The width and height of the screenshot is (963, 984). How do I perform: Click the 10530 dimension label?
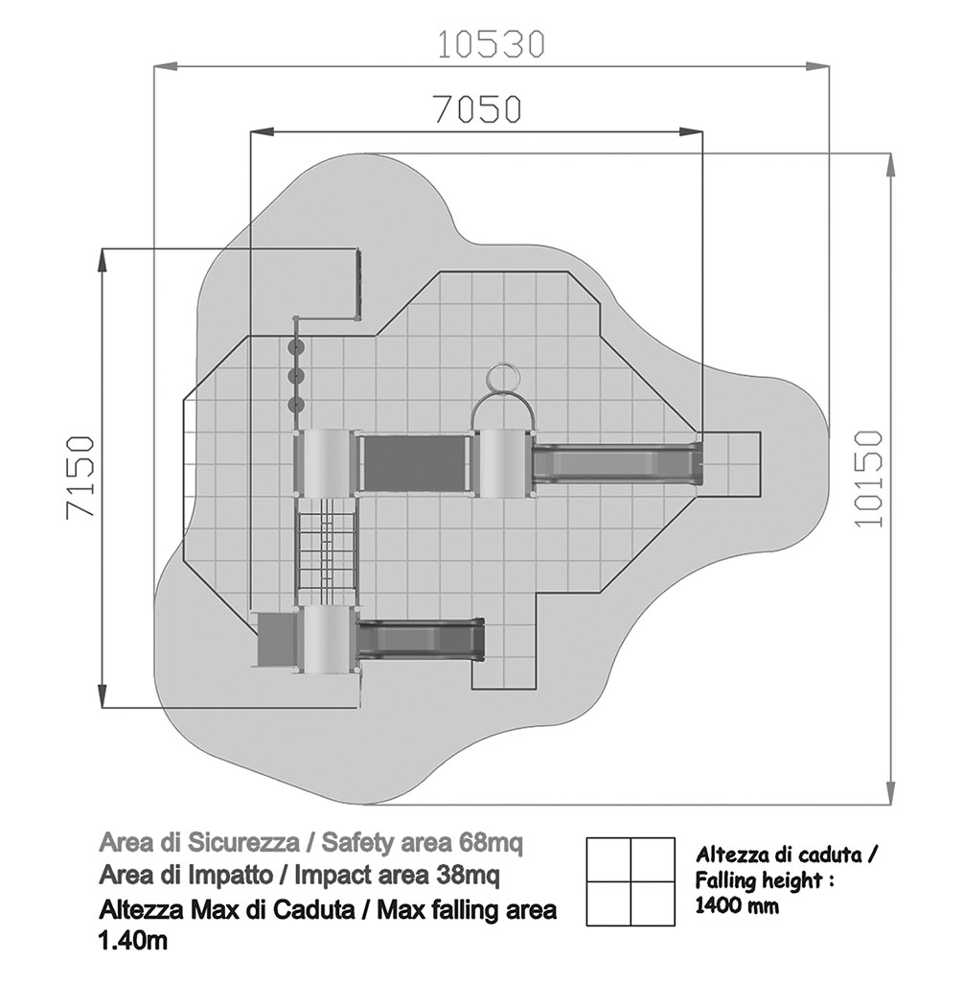point(491,44)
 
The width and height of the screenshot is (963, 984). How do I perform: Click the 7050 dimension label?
point(478,108)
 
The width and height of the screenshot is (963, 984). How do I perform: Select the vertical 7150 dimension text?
point(80,477)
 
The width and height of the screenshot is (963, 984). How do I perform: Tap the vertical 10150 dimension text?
point(868,479)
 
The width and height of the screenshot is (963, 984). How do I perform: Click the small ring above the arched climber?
point(502,377)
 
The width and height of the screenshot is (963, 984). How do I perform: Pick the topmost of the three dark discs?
point(296,347)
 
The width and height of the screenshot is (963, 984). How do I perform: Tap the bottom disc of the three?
point(296,404)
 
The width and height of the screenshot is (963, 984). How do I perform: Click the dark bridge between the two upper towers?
point(416,463)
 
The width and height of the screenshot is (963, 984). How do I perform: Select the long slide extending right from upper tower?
point(617,463)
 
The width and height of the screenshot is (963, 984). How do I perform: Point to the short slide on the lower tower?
point(421,640)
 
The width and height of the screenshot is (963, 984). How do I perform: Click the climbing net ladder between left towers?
point(327,551)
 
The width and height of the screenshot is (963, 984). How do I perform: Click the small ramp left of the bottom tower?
point(277,639)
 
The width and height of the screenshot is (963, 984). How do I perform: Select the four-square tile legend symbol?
point(631,881)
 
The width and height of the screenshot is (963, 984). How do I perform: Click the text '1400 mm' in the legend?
point(737,905)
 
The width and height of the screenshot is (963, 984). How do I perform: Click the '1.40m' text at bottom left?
point(133,941)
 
